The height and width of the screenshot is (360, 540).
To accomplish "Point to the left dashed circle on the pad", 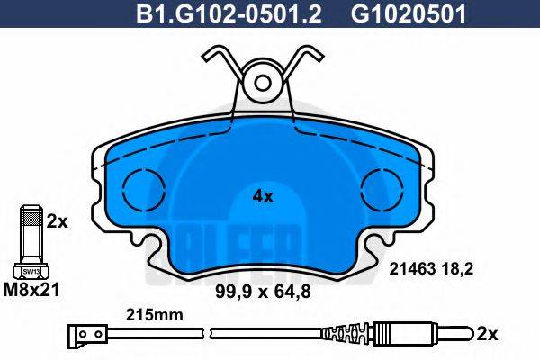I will click(x=140, y=187).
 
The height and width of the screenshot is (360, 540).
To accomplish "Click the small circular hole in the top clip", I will click(x=262, y=84).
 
